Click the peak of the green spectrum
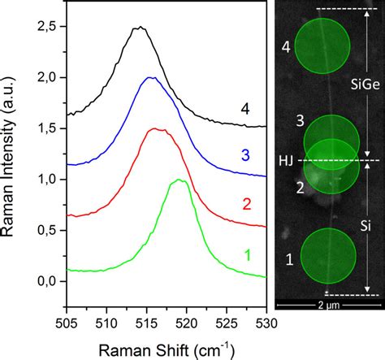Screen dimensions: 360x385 179,180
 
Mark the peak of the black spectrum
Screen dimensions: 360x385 139,27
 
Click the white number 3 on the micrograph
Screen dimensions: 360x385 300,122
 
